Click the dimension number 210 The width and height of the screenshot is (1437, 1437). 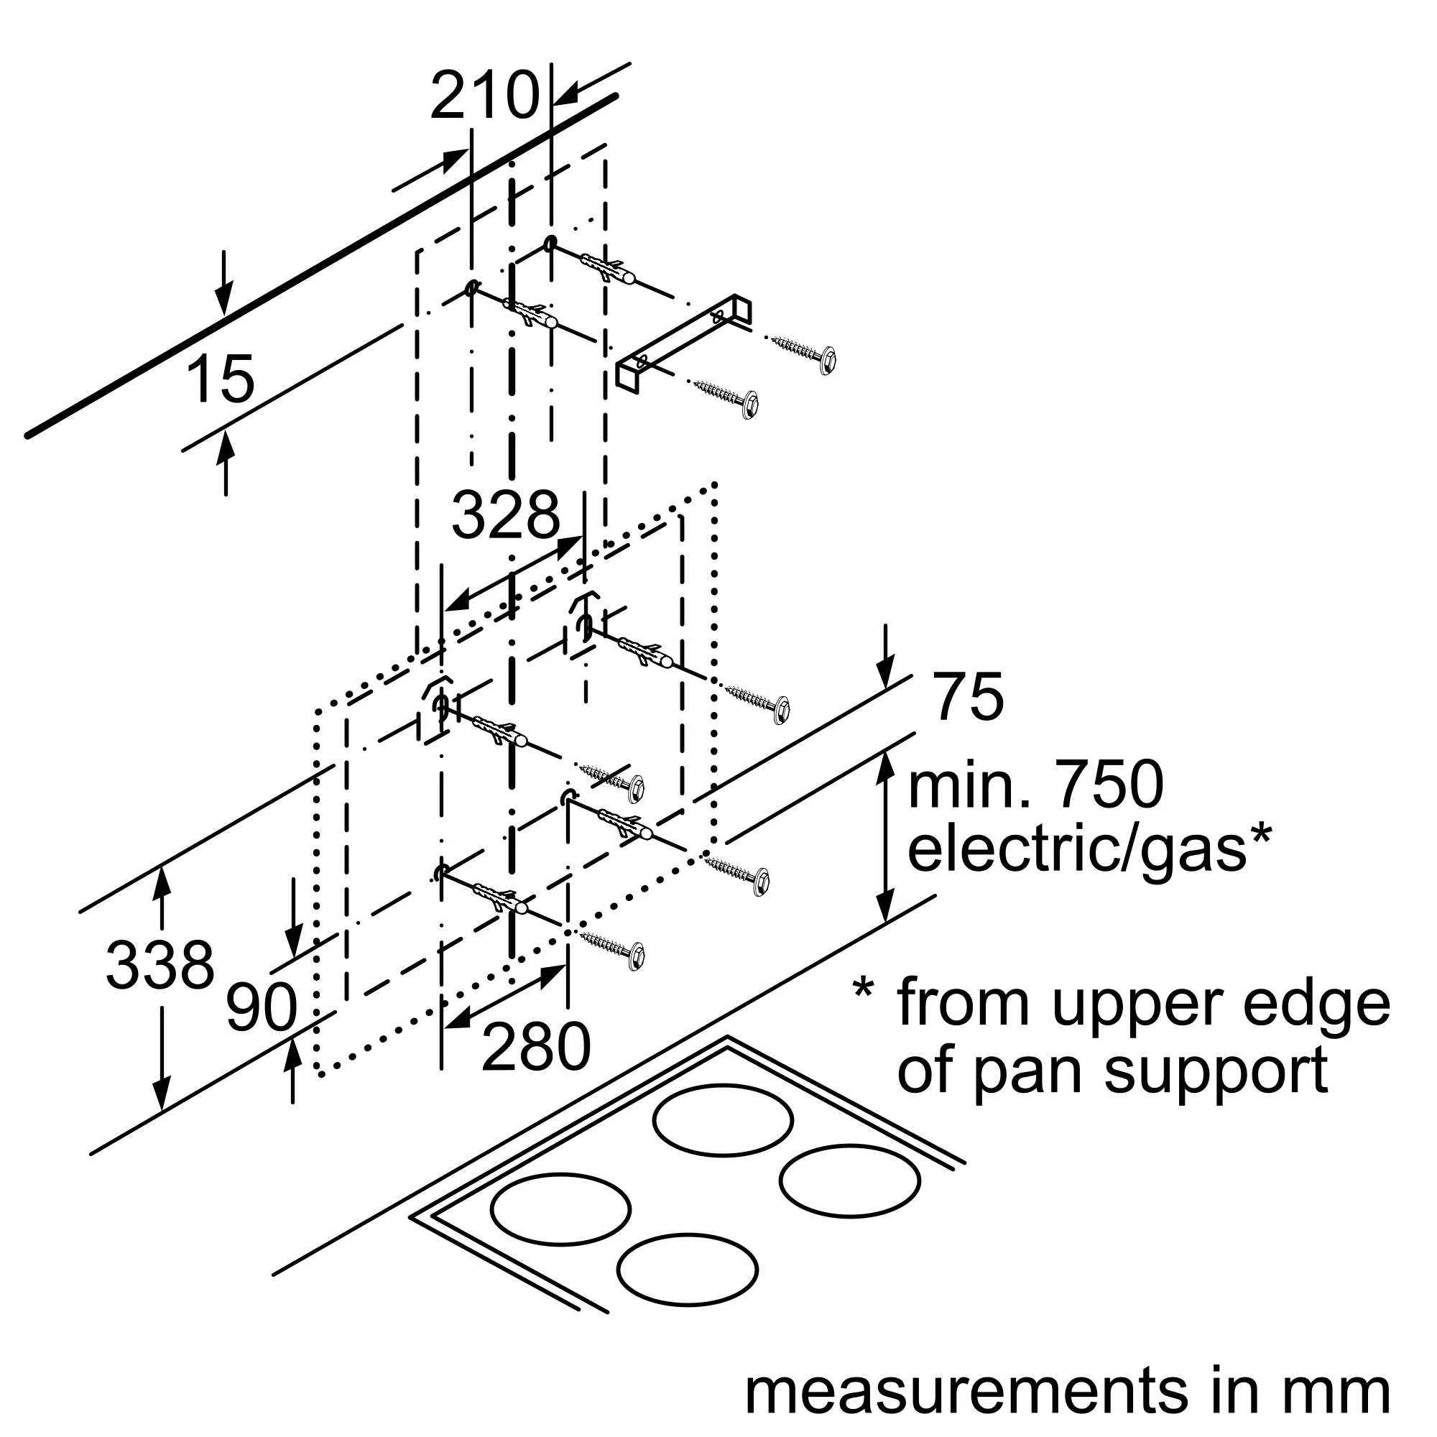click(x=484, y=96)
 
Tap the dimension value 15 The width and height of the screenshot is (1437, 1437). click(x=219, y=380)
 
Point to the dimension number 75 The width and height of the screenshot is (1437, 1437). click(x=969, y=697)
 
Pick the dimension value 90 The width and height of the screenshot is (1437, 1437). click(x=261, y=1008)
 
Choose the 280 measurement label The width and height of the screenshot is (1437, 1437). click(x=535, y=1048)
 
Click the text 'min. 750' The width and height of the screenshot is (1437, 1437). click(x=1035, y=786)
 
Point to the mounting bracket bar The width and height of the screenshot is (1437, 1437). click(x=684, y=342)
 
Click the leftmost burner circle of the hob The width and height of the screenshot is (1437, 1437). click(x=560, y=1209)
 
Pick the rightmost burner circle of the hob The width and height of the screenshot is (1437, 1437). click(x=849, y=1181)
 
